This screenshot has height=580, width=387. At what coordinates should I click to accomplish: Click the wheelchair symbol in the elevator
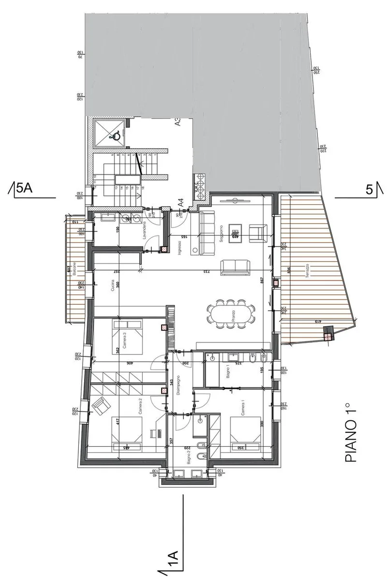coord(116,137)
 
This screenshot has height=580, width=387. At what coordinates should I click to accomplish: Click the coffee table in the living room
coord(236,231)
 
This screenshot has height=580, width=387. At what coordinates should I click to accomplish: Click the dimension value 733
coord(205,271)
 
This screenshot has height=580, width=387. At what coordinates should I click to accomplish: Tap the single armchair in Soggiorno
coord(256,232)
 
